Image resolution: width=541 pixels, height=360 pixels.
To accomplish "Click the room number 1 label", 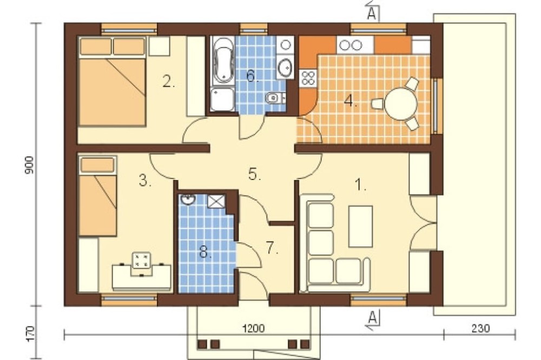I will tap(360, 186).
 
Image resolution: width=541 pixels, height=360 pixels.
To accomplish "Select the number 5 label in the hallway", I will tap(255, 174).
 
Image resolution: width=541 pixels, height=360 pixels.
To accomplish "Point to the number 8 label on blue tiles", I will tap(206, 252).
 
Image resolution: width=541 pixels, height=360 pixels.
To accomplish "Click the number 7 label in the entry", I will tap(272, 249).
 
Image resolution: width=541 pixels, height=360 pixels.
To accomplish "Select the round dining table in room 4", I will tap(400, 103).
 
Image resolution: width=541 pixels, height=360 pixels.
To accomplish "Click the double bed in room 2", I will tap(112, 81).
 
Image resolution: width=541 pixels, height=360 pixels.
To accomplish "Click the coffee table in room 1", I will tap(361, 225).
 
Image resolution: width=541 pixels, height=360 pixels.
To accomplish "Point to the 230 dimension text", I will tap(480, 328).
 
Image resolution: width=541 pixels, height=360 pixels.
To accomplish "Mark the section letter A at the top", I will tap(372, 13).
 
